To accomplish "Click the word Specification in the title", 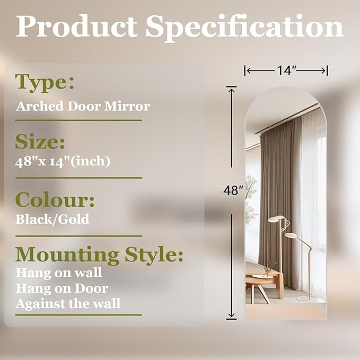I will pyautogui.click(x=245, y=27).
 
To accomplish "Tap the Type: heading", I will pyautogui.click(x=45, y=82).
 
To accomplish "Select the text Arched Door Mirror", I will pyautogui.click(x=83, y=106).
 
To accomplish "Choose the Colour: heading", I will pyautogui.click(x=55, y=200).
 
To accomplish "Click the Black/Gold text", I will pyautogui.click(x=52, y=219).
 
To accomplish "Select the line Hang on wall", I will pyautogui.click(x=58, y=274).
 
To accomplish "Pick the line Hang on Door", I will pyautogui.click(x=62, y=288).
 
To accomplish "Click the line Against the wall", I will pyautogui.click(x=68, y=303).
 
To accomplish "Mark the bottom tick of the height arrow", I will pyautogui.click(x=231, y=319).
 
